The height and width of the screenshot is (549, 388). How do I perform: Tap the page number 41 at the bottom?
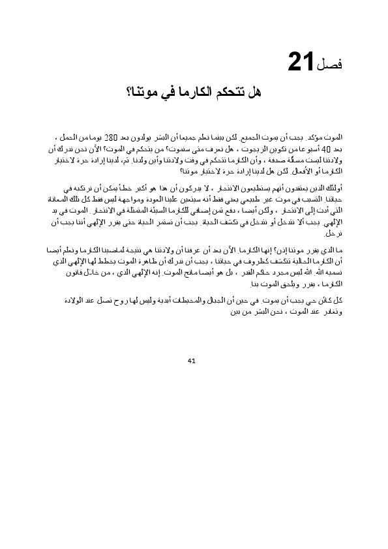(192, 359)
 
